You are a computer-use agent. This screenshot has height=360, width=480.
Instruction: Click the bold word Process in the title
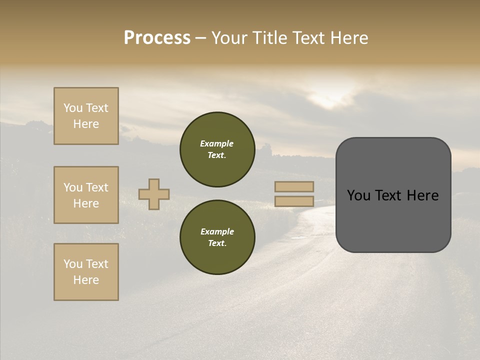[x=157, y=38]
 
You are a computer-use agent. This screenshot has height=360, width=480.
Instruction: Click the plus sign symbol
[x=154, y=194]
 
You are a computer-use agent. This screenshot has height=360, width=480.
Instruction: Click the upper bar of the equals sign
[x=294, y=186]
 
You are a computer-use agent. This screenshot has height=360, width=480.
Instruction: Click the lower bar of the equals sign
[x=294, y=201]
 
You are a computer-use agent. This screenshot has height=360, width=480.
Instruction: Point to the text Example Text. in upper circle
[x=217, y=149]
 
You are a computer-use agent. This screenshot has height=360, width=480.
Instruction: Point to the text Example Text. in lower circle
[x=217, y=237]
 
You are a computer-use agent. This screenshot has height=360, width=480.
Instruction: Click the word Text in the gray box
[x=392, y=195]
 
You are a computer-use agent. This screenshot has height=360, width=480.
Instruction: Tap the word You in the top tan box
[x=73, y=108]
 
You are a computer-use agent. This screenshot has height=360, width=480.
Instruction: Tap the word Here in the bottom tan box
[x=86, y=280]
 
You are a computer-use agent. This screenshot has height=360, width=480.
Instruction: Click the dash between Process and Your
[x=201, y=38]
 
